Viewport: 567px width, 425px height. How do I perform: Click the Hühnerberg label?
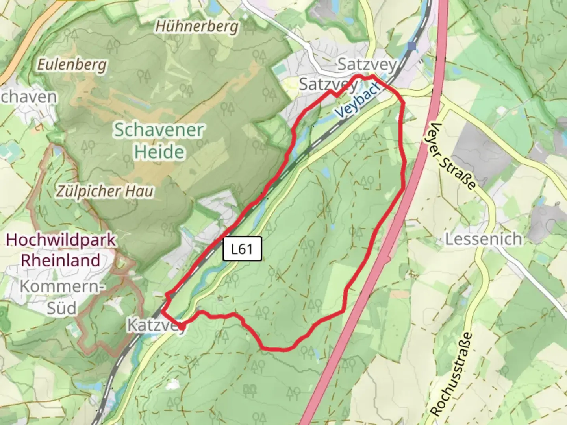[x=197, y=27]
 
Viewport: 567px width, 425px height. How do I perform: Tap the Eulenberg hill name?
[x=72, y=64]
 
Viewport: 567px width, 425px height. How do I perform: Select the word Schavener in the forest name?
[x=159, y=130]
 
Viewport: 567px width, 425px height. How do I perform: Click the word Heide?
[x=159, y=152]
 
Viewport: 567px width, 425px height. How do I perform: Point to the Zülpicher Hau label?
[x=105, y=192]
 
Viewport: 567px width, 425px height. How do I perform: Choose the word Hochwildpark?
[x=61, y=240]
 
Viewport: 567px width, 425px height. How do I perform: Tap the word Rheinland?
[x=60, y=261]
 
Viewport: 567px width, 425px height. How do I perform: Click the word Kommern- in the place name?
[x=62, y=286]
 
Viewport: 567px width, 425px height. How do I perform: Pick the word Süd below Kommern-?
[x=62, y=308]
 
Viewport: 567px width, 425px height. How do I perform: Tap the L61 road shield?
[x=242, y=249]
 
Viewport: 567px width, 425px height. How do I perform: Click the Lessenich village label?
[x=484, y=239]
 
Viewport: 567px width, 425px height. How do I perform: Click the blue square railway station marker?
[x=412, y=46]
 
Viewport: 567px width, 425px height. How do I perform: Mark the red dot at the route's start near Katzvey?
[x=182, y=326]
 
